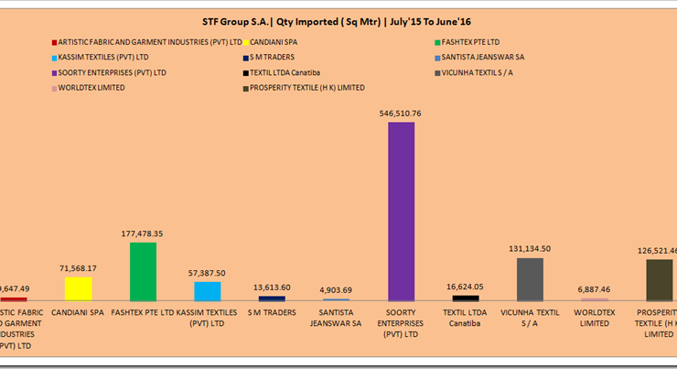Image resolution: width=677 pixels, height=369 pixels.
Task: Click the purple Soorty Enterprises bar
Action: tap(401, 212)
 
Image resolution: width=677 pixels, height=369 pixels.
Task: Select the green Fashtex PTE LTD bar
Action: tap(143, 272)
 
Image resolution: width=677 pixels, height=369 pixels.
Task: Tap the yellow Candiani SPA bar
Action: tap(79, 289)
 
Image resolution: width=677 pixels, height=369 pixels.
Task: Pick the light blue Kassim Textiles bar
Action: tap(208, 291)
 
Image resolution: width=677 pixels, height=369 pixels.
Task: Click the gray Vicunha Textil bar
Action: tap(530, 279)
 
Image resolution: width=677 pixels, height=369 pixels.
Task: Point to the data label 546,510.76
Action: tap(401, 114)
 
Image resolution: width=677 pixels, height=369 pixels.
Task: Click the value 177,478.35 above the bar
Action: tap(143, 234)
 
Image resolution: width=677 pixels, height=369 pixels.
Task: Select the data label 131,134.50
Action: tap(530, 249)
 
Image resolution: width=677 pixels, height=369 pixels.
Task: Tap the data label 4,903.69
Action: tap(337, 290)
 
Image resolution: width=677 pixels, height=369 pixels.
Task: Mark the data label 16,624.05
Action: tap(466, 287)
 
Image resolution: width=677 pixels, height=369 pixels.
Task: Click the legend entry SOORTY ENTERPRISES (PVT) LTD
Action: tap(113, 71)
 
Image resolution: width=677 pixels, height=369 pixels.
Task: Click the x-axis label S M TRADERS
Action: tap(272, 312)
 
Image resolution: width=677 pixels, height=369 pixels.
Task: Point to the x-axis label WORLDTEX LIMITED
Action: tap(595, 318)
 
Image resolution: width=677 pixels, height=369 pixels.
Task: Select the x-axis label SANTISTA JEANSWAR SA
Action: tap(337, 318)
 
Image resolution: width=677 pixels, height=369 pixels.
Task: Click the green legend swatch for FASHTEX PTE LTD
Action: tap(435, 42)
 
